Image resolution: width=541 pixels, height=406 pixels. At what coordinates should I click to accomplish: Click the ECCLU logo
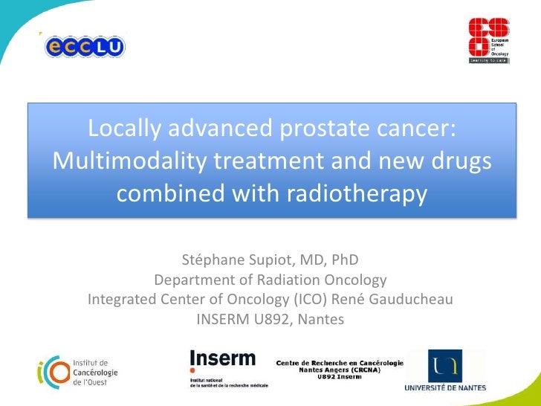point(85,46)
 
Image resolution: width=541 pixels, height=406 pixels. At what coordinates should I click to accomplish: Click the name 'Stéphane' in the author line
point(213,260)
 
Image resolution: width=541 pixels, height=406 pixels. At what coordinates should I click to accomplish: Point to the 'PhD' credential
point(344,260)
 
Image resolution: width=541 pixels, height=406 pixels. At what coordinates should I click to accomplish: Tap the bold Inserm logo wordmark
point(222,358)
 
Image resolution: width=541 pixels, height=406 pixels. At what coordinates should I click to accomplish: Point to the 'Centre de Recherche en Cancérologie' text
point(340,362)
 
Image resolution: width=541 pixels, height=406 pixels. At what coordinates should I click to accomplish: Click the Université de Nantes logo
point(445,370)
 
